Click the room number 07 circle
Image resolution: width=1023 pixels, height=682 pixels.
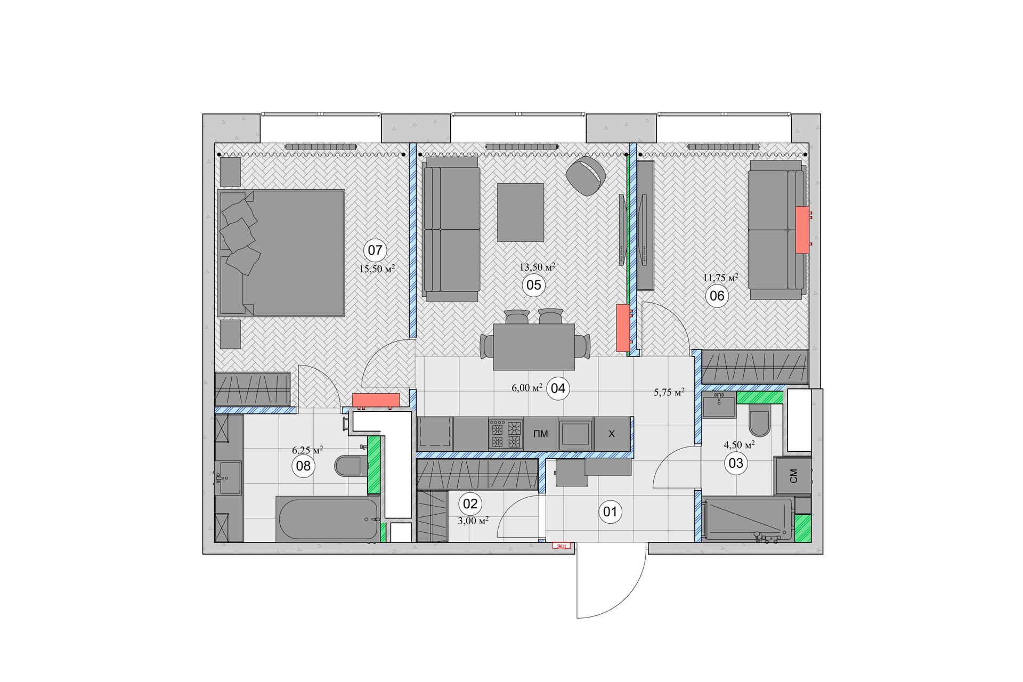(375, 250)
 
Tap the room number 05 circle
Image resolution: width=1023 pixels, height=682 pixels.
(534, 285)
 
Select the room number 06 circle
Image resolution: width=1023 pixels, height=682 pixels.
(717, 296)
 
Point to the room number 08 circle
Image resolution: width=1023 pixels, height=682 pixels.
(303, 466)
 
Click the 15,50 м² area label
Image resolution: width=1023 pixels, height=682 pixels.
(377, 269)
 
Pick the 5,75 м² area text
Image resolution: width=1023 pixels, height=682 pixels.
(669, 392)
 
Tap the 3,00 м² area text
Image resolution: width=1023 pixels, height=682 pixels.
(473, 520)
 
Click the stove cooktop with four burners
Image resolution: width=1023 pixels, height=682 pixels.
(506, 434)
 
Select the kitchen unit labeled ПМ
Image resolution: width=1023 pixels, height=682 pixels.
(540, 434)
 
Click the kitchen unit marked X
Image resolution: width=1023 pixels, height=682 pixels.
(612, 434)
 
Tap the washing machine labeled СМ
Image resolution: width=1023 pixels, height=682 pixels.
(793, 476)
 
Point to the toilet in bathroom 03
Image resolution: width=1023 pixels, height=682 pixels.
(759, 420)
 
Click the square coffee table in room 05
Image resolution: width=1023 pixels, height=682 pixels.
(521, 213)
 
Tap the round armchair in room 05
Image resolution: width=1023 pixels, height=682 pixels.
(586, 176)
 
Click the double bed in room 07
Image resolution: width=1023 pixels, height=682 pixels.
(281, 253)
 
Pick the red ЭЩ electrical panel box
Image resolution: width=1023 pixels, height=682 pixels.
(561, 546)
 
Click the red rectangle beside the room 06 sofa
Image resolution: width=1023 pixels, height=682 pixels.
(802, 230)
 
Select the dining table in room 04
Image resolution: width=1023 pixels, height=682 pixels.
(534, 347)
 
